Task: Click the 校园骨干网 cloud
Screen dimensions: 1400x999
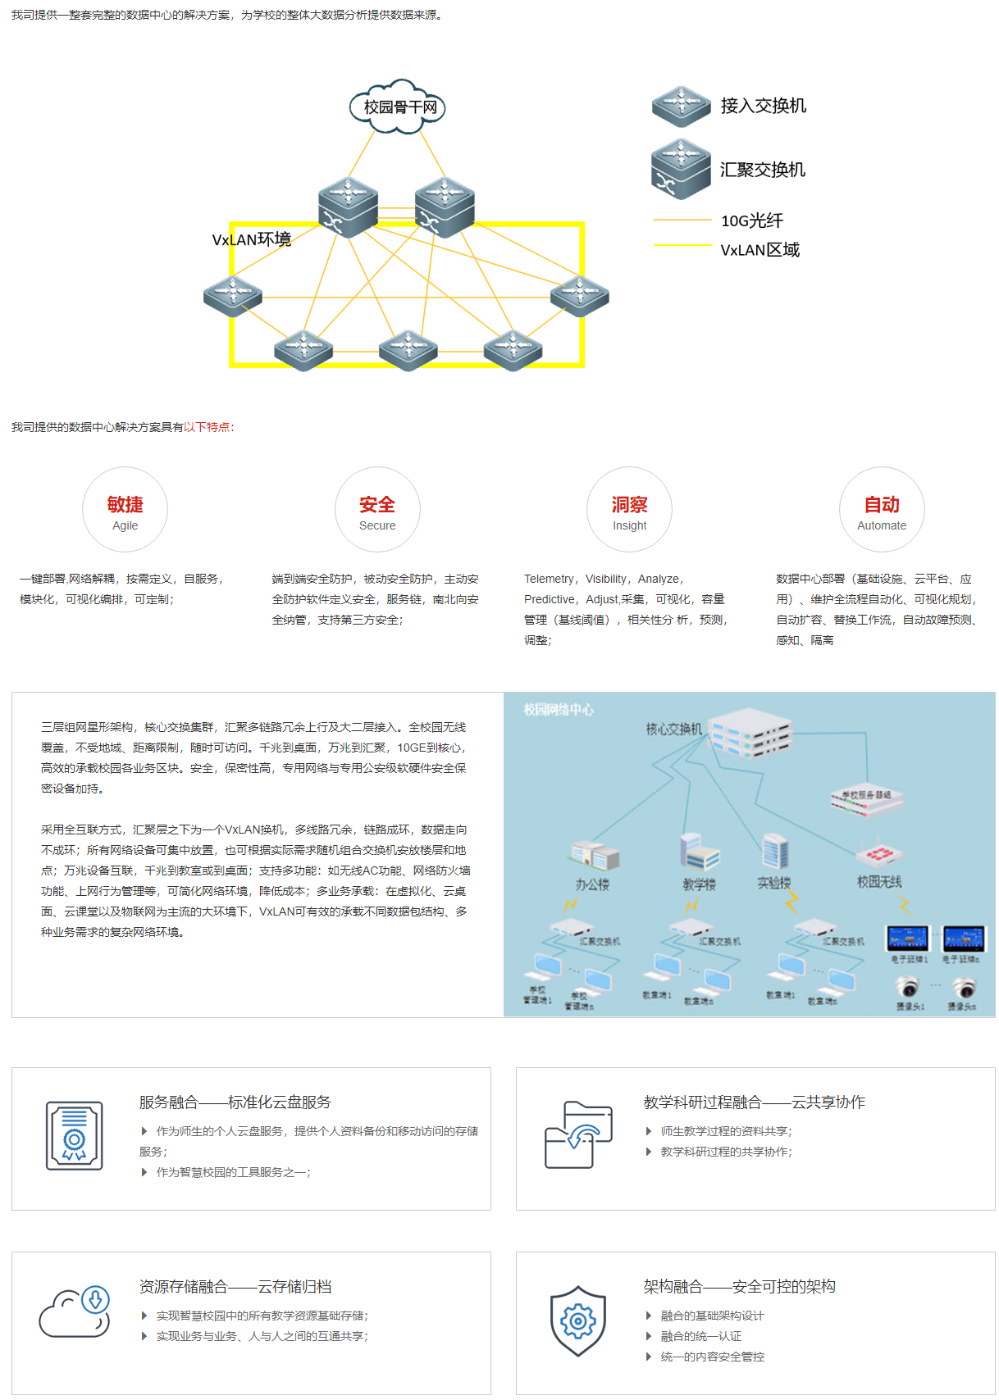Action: [398, 107]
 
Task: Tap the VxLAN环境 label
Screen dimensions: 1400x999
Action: [251, 239]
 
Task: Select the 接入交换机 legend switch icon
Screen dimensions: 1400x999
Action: [681, 106]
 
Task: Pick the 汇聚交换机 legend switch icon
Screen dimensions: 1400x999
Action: [681, 169]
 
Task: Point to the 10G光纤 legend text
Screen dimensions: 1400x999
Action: [751, 220]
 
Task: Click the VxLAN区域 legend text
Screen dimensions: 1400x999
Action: [760, 250]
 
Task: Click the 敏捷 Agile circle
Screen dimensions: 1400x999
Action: [125, 510]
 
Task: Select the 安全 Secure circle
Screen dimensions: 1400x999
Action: [377, 510]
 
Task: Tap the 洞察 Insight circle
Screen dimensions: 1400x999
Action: [629, 510]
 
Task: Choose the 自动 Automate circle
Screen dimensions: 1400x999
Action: [882, 510]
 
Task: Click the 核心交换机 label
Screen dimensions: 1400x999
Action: [673, 729]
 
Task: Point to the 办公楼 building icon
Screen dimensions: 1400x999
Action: [594, 856]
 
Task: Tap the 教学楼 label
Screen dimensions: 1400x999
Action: [699, 884]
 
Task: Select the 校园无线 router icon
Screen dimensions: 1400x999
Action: [878, 854]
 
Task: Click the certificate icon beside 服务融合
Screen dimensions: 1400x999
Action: [75, 1135]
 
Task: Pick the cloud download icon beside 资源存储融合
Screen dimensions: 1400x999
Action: [75, 1311]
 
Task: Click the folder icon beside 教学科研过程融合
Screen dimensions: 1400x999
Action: [578, 1135]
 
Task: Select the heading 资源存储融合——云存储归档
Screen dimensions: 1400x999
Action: [235, 1287]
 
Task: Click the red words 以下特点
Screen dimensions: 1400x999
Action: [207, 427]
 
